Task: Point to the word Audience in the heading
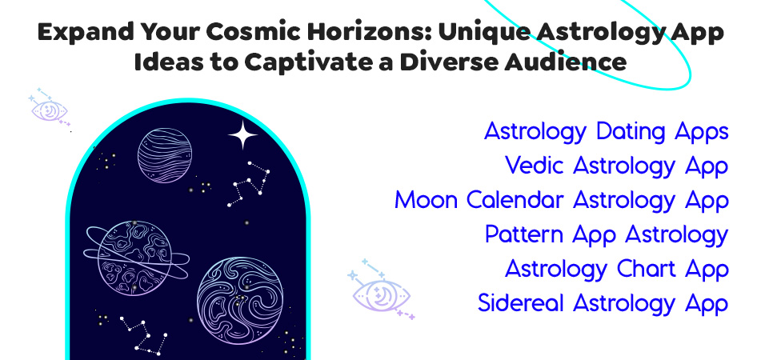582,62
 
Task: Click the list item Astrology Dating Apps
606,132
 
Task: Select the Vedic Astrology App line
616,166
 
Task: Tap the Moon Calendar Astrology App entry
561,201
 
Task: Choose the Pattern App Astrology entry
606,235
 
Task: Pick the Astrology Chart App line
616,270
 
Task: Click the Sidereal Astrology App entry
603,304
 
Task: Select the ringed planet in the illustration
134,257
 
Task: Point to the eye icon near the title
50,110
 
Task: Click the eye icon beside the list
382,292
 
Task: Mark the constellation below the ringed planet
142,333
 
